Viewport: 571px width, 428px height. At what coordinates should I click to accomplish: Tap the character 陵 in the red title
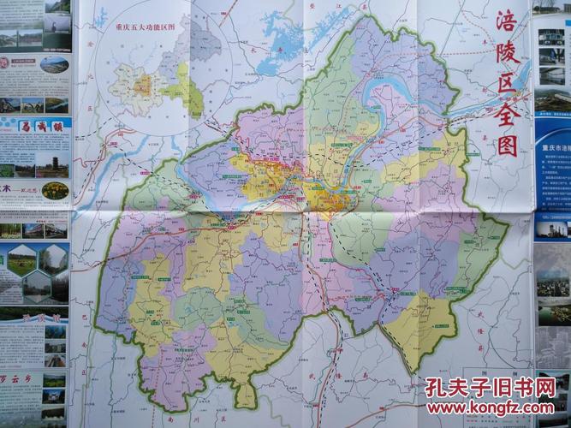pyautogui.click(x=513, y=56)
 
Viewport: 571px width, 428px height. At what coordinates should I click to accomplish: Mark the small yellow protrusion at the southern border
pyautogui.click(x=247, y=393)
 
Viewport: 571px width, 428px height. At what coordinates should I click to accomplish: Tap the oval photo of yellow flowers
pyautogui.click(x=54, y=190)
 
